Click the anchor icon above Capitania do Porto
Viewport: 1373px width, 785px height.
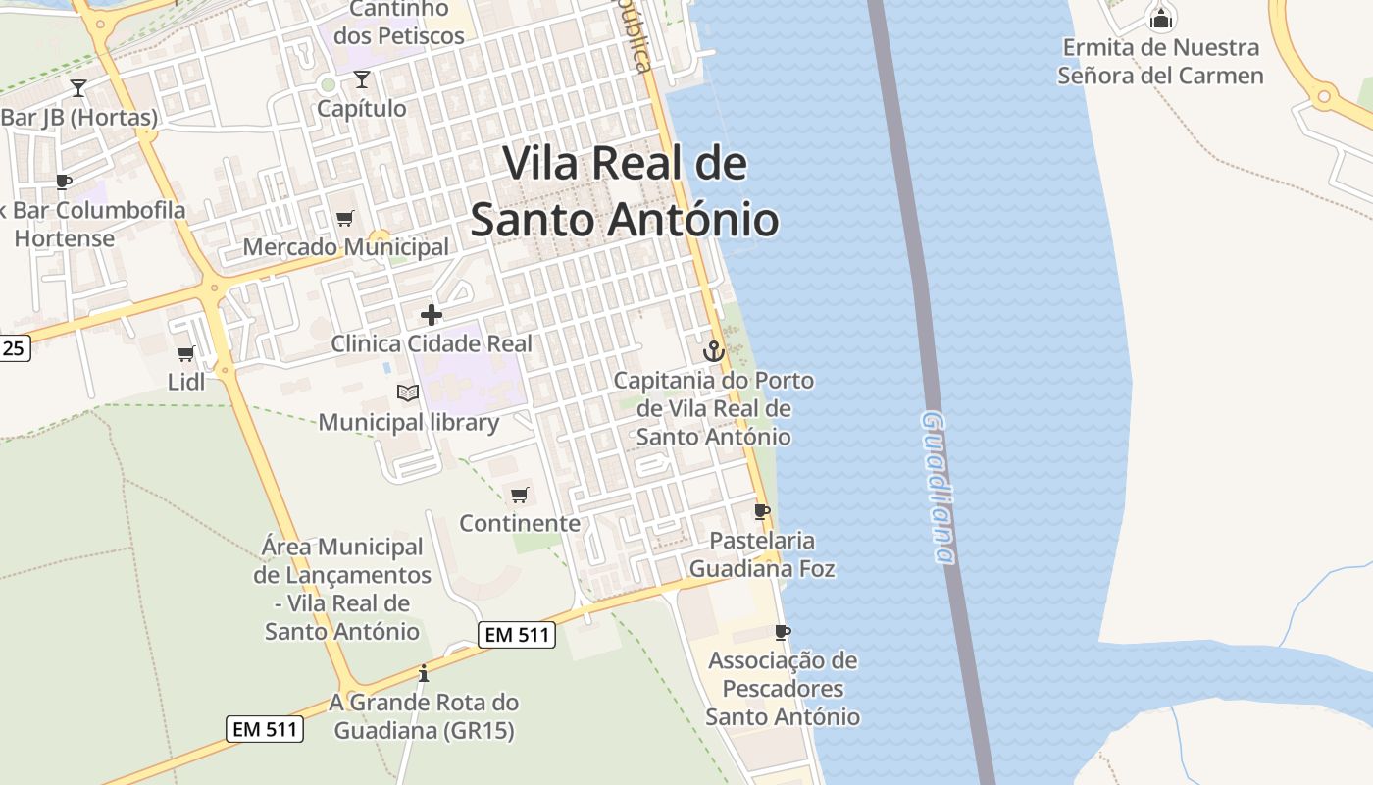tap(714, 350)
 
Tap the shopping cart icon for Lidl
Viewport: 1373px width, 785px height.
tap(185, 353)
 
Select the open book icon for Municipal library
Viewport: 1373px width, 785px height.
tap(408, 393)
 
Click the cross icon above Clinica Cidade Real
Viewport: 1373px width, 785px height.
tap(431, 315)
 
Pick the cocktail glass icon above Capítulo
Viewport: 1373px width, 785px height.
tap(362, 79)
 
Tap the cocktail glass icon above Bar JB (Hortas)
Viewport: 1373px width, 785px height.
tap(78, 88)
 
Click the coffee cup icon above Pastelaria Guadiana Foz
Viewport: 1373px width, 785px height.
tap(761, 511)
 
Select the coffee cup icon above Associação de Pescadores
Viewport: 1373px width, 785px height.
tap(782, 632)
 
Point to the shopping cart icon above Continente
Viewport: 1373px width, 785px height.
tap(520, 495)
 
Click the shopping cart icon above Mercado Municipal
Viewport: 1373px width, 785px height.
tap(344, 218)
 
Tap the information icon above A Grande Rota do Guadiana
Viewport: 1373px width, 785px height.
tap(424, 673)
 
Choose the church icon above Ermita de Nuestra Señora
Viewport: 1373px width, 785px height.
tap(1161, 18)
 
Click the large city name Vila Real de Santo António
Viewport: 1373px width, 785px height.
tap(625, 191)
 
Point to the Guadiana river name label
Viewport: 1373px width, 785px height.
tap(939, 488)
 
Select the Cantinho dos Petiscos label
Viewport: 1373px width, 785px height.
tap(398, 23)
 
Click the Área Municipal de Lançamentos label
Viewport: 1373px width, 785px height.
tap(342, 589)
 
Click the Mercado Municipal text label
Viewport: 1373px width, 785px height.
tap(345, 247)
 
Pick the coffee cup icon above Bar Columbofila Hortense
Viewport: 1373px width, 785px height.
tap(64, 182)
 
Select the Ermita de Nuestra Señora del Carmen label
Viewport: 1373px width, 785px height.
tap(1161, 61)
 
